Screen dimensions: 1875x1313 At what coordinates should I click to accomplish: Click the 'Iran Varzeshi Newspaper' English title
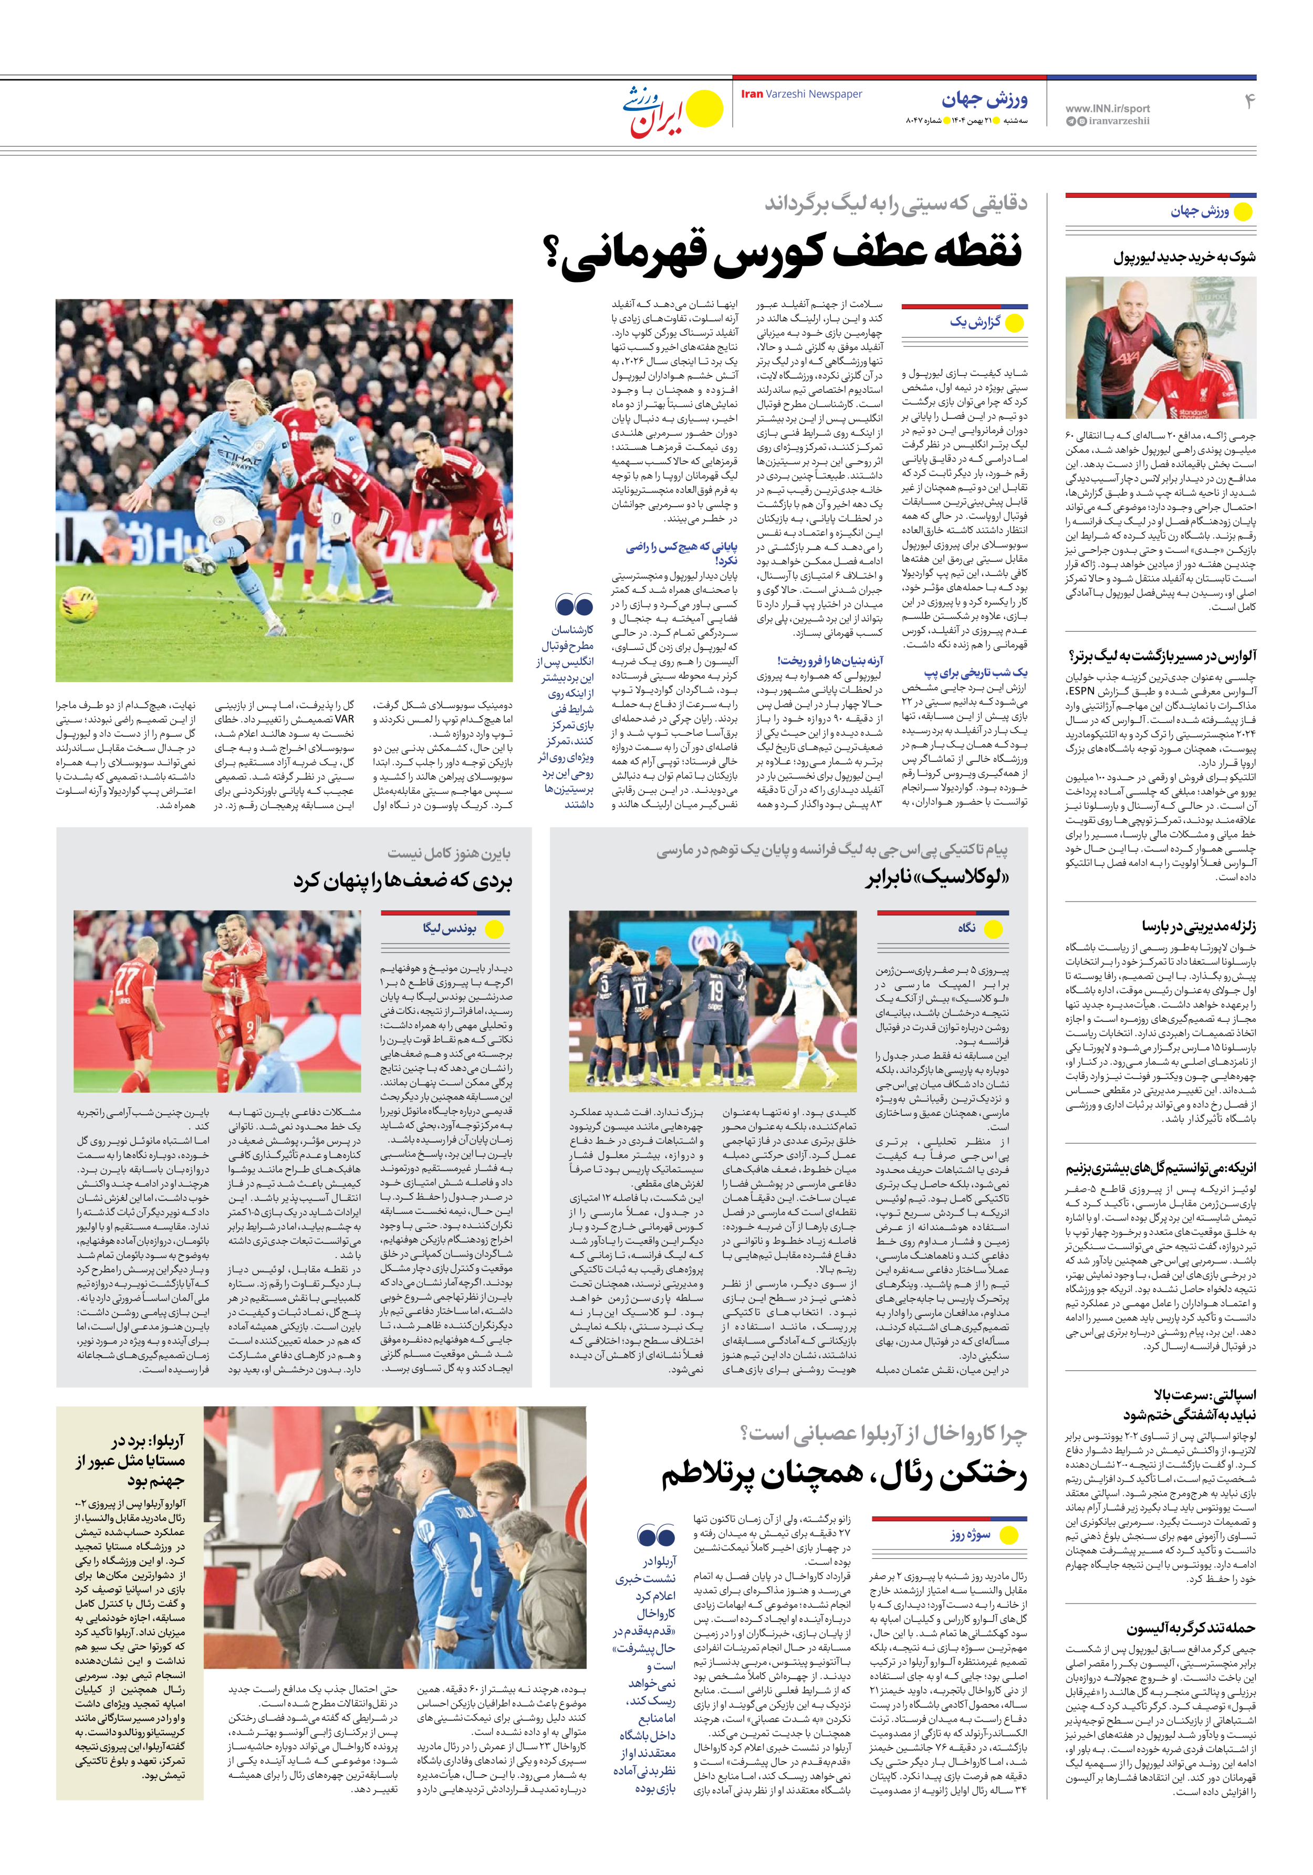coord(801,94)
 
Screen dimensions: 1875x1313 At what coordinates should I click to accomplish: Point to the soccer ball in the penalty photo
coord(78,605)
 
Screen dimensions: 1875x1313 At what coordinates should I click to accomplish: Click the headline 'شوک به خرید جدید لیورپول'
coord(1184,258)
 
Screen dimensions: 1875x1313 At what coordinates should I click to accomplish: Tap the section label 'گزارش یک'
coord(975,322)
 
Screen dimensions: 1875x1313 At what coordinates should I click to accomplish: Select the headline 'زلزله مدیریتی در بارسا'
coord(1199,926)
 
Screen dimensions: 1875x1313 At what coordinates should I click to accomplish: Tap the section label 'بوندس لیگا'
coord(450,928)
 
